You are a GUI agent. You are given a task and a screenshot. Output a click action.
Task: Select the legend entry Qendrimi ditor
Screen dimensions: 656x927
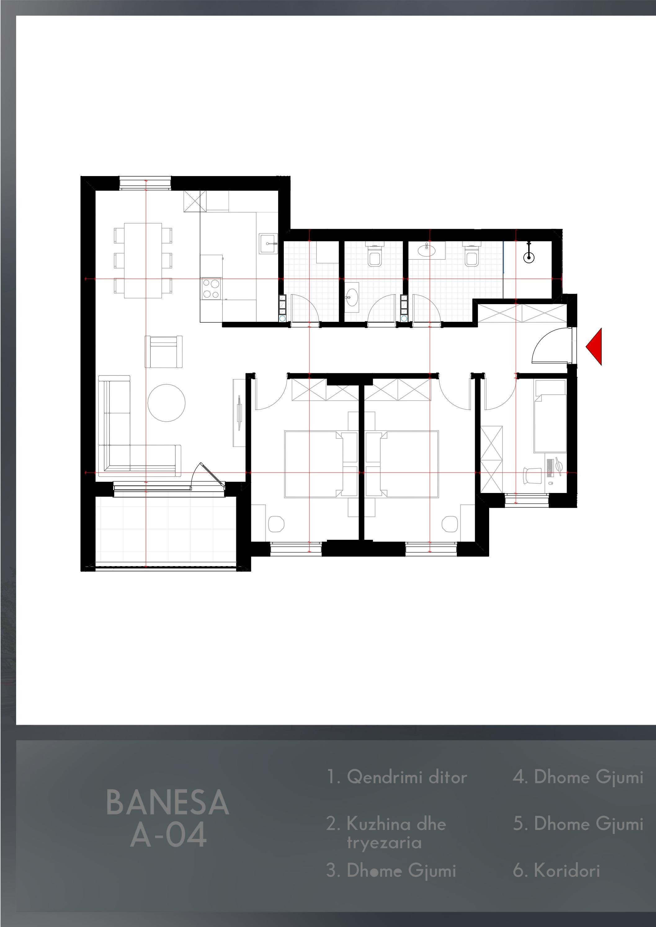tap(397, 777)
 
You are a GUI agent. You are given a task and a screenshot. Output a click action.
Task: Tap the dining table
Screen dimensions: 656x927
tap(143, 260)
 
